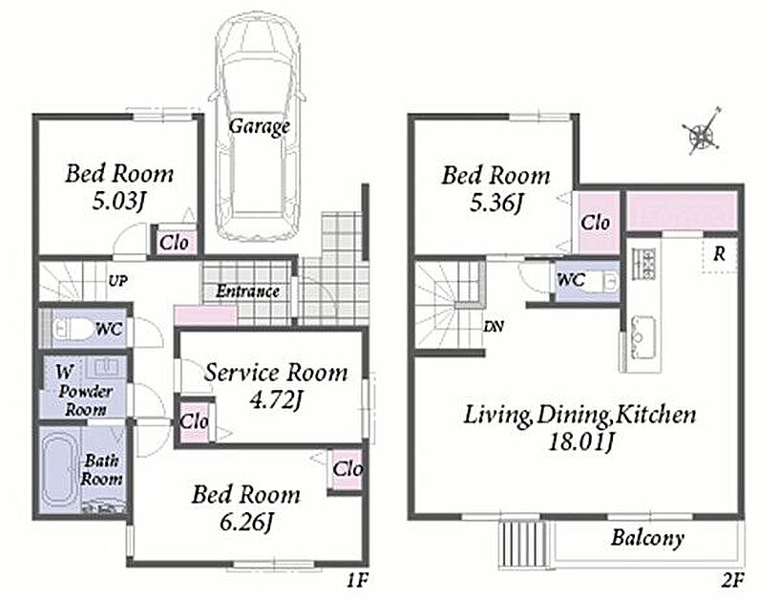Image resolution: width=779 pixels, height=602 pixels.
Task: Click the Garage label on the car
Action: [259, 126]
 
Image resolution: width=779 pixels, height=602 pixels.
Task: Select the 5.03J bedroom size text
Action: [118, 202]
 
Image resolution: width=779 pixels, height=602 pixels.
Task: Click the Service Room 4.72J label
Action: [276, 386]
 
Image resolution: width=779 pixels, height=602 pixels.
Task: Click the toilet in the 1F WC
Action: [73, 329]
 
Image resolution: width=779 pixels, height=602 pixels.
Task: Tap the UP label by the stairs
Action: [117, 281]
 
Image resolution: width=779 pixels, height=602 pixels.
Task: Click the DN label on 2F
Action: [494, 327]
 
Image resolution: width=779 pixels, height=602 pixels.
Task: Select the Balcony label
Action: [647, 538]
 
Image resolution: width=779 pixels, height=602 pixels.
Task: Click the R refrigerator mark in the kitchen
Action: [719, 254]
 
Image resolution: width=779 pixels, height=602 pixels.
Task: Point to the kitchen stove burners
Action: [643, 264]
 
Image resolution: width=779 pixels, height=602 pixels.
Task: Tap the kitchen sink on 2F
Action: [642, 338]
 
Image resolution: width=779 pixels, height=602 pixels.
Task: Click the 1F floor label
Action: [356, 581]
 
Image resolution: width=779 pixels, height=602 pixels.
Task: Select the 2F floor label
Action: [732, 581]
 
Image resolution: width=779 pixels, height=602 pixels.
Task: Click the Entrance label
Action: [247, 290]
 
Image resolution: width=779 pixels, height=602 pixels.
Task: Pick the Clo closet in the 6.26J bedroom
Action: [347, 469]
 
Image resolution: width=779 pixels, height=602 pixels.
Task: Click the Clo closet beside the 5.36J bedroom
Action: [595, 223]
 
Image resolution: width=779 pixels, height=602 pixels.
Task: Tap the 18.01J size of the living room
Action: [579, 441]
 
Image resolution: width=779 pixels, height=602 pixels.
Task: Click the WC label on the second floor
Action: [571, 280]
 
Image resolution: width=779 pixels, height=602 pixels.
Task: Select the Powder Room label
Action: [86, 400]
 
